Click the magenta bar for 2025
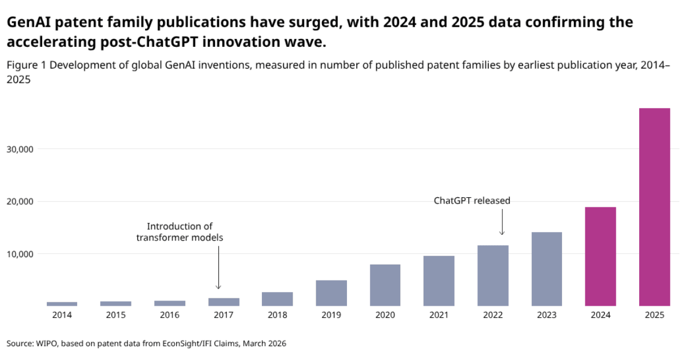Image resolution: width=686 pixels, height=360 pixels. (x=655, y=207)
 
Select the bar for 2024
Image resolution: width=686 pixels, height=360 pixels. (x=600, y=257)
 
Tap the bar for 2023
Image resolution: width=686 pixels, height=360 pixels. (x=547, y=269)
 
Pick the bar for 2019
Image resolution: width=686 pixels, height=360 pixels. (x=332, y=293)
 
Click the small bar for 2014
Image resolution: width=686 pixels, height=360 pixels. (x=62, y=304)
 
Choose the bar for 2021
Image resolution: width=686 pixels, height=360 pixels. (x=439, y=281)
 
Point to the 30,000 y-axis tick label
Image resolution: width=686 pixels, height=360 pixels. (x=20, y=149)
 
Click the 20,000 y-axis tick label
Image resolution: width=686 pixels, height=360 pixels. (x=20, y=202)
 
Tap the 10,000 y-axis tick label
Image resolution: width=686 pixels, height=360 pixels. (x=20, y=254)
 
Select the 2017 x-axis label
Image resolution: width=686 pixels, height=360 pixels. (x=224, y=315)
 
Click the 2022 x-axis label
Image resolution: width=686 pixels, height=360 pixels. (x=493, y=315)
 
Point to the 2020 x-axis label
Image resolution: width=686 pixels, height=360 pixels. (x=385, y=315)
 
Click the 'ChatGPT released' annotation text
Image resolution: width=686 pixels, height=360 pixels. (x=472, y=201)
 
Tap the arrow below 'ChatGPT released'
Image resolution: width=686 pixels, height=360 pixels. (x=502, y=222)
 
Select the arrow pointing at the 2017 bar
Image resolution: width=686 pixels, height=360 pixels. (x=218, y=267)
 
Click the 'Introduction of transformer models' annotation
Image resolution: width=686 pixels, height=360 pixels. (x=180, y=232)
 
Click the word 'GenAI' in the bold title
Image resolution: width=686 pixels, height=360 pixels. (x=29, y=22)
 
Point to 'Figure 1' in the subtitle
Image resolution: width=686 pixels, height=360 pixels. (x=26, y=65)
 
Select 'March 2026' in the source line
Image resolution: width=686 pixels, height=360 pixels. (x=264, y=344)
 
